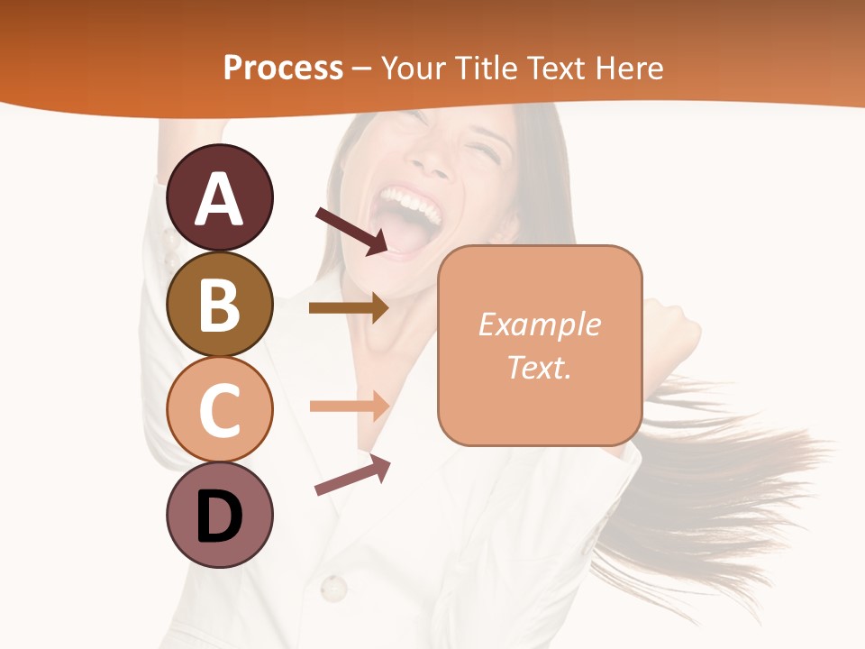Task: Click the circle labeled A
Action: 219,197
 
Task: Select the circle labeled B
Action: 219,304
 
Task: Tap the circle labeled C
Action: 219,410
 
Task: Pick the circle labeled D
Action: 219,516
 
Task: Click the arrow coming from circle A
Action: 351,231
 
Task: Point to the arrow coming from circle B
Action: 349,308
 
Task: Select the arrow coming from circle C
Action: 349,406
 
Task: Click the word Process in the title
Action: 283,68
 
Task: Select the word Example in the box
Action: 539,324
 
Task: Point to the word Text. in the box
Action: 539,367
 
